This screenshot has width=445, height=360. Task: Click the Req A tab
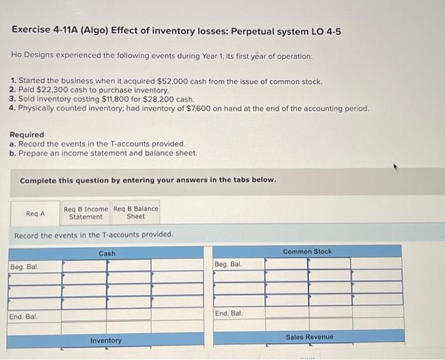[35, 214]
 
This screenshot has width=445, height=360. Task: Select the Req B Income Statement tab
[86, 212]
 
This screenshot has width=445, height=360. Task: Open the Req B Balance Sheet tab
[135, 212]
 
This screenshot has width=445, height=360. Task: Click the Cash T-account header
[107, 253]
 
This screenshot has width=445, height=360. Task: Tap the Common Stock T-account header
[307, 251]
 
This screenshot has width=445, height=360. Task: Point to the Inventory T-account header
[106, 340]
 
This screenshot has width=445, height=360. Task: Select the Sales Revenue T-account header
[309, 336]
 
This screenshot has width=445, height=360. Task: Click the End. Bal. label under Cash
[24, 316]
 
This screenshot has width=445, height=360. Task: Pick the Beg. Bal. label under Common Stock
[228, 263]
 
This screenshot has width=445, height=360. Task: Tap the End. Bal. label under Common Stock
[229, 314]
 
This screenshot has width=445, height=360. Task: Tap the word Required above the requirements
[27, 135]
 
